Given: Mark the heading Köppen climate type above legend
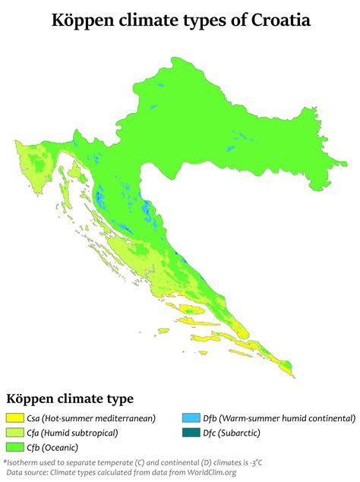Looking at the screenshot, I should click(x=70, y=399).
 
